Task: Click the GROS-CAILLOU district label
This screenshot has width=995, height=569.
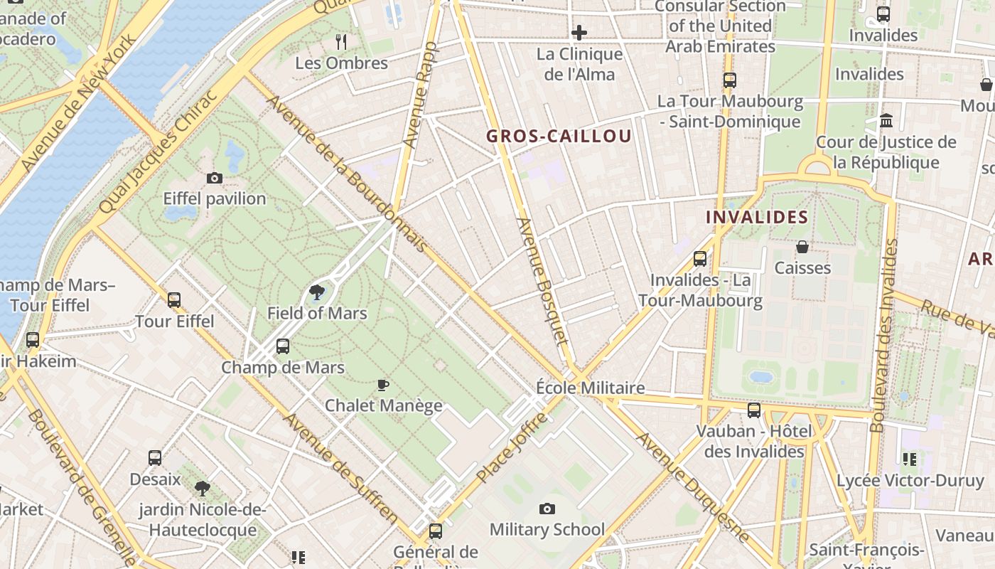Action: (559, 137)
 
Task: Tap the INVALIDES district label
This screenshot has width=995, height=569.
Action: (757, 217)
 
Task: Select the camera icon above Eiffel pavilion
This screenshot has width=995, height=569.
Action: (214, 178)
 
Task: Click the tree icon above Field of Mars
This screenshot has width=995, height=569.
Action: (316, 292)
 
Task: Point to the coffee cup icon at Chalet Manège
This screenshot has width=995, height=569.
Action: (383, 385)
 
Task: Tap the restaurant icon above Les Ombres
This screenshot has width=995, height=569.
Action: (341, 42)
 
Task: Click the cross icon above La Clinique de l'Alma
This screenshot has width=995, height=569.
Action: (579, 33)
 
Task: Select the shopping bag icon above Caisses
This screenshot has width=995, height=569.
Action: (802, 247)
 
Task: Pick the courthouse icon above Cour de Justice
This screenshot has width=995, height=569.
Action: (886, 121)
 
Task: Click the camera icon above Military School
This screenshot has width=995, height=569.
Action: (547, 509)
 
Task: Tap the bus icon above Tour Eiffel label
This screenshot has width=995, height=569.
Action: (174, 300)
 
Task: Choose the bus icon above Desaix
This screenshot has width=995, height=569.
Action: (155, 458)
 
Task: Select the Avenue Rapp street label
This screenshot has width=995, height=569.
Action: (421, 95)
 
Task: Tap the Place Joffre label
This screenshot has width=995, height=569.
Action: (512, 447)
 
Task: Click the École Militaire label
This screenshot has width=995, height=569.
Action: (590, 388)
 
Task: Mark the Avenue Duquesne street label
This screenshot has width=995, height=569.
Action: (692, 487)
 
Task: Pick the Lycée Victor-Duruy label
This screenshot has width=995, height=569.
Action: (910, 481)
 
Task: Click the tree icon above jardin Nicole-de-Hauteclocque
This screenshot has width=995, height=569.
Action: (203, 488)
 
